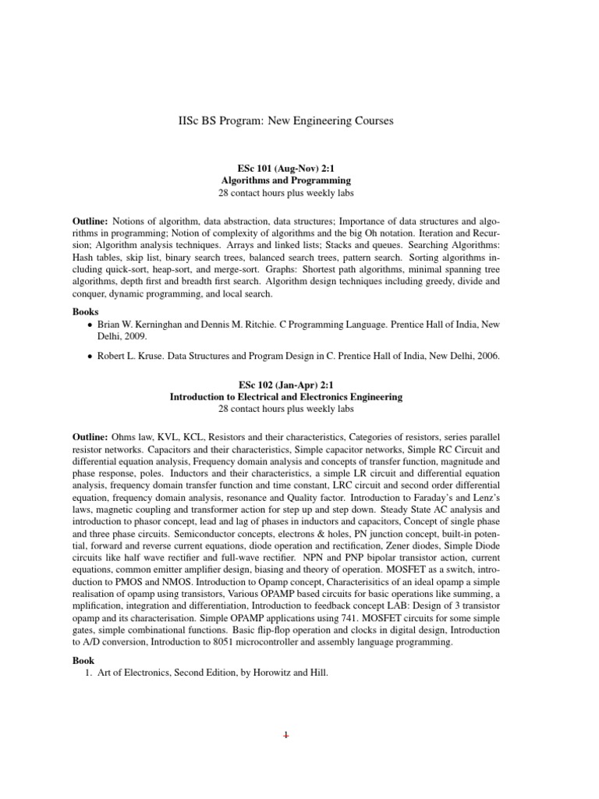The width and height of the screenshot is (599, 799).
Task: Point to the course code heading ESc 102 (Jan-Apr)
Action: [274, 385]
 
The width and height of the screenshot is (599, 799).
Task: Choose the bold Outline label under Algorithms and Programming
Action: [91, 222]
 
